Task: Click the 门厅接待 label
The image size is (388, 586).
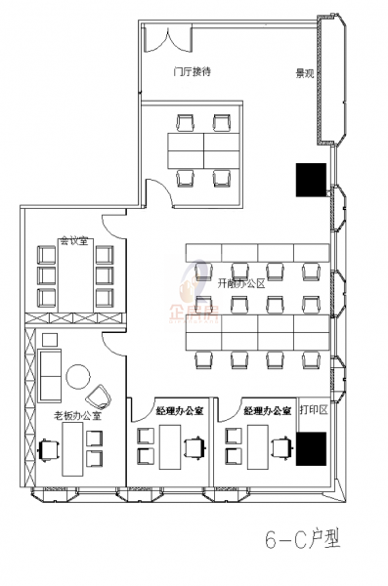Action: (x=193, y=71)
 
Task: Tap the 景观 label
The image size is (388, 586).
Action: (x=304, y=72)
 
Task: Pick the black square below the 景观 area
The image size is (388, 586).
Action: (x=311, y=179)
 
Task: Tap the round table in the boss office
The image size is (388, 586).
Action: (x=77, y=375)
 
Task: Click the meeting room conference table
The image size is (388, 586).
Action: (x=74, y=277)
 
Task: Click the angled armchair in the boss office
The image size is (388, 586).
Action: (x=99, y=396)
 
